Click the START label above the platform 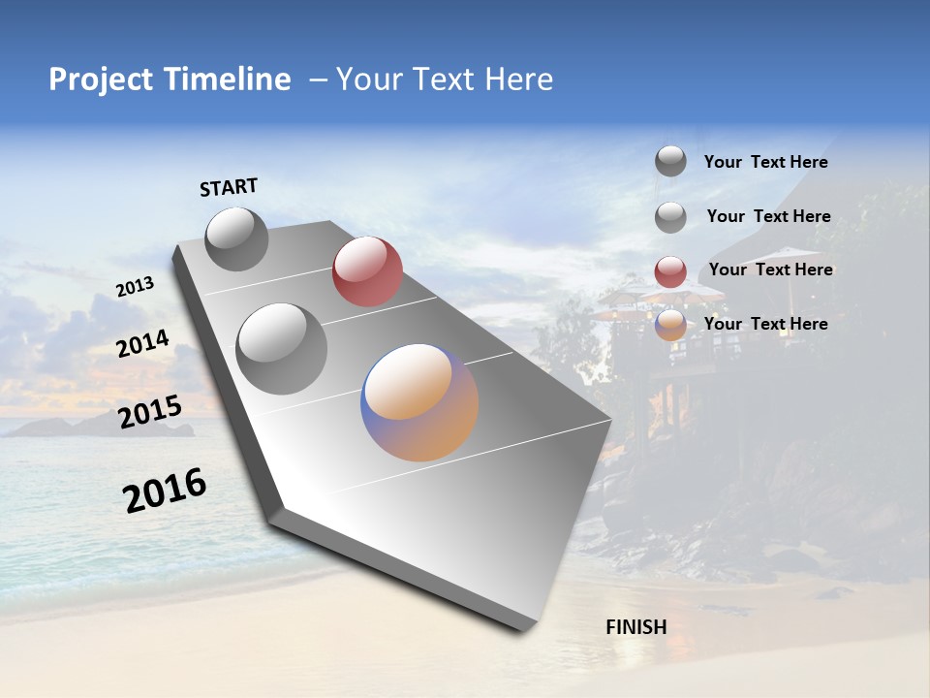coord(229,187)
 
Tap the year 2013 coord(135,287)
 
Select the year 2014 coord(142,343)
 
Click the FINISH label coord(635,627)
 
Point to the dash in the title coord(317,80)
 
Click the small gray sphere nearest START coord(236,238)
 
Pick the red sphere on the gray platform coord(367,271)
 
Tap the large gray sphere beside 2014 coord(281,348)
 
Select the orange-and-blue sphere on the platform coord(419,402)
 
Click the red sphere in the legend coord(670,271)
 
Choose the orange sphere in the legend coord(670,325)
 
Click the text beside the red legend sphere coord(770,270)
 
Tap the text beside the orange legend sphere coord(765,324)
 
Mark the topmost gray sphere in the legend coord(670,161)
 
